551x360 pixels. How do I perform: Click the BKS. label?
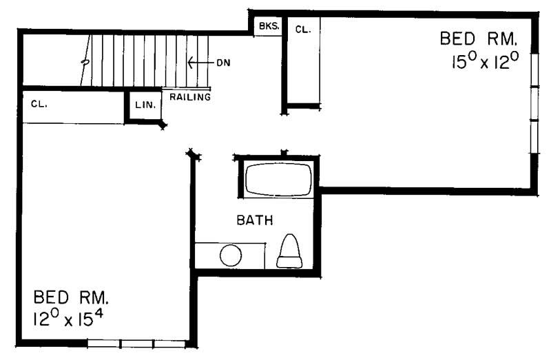pyautogui.click(x=268, y=27)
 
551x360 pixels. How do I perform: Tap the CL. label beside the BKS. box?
pyautogui.click(x=302, y=29)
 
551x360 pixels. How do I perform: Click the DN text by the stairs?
pyautogui.click(x=222, y=63)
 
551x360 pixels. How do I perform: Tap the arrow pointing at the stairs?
pyautogui.click(x=198, y=63)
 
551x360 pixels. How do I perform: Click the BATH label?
pyautogui.click(x=255, y=221)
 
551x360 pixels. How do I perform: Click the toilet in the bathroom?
pyautogui.click(x=290, y=251)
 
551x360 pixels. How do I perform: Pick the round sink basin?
pyautogui.click(x=230, y=256)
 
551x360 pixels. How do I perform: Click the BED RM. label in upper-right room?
pyautogui.click(x=477, y=39)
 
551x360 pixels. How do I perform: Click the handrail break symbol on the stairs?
pyautogui.click(x=85, y=62)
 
